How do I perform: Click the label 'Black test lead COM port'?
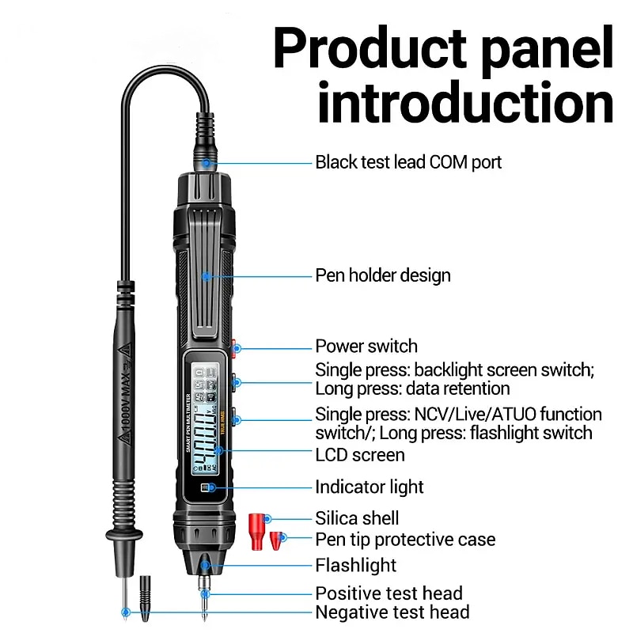408,162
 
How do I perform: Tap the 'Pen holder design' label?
383,275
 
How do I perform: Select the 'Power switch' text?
366,346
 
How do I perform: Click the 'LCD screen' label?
360,455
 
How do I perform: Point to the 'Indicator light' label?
370,487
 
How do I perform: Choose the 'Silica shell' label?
357,518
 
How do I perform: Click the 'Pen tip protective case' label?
405,540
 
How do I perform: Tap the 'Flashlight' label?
356,565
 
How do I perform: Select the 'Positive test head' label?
389,593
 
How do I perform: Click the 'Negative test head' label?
392,612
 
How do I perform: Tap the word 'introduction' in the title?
465,103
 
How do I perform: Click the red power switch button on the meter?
235,346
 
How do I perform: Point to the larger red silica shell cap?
256,524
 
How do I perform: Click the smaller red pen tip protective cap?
276,541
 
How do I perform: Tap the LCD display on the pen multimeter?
204,415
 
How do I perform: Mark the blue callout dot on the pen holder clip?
206,275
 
